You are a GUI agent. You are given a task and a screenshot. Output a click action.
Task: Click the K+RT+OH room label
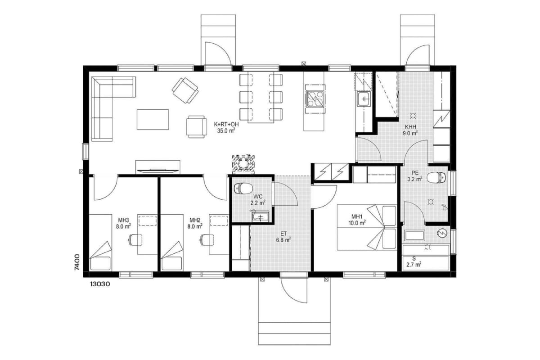click(226, 124)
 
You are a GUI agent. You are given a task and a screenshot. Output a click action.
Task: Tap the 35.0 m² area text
click(226, 131)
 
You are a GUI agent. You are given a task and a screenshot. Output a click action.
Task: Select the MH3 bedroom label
click(123, 220)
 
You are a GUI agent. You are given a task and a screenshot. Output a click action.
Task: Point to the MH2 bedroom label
click(195, 220)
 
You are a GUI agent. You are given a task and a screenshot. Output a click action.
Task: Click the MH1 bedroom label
click(357, 216)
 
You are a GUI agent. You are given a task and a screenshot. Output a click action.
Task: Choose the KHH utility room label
click(410, 127)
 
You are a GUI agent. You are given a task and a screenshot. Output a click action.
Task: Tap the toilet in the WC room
click(243, 188)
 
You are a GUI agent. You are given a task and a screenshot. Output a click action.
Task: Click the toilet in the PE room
click(436, 178)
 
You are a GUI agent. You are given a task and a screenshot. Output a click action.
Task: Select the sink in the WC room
click(261, 216)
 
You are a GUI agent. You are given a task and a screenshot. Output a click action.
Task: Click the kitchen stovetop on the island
click(315, 99)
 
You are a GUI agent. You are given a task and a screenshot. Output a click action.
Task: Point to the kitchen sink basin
click(364, 99)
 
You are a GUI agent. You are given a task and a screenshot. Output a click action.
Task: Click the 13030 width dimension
click(100, 284)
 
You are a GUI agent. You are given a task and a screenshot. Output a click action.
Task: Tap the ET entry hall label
click(283, 234)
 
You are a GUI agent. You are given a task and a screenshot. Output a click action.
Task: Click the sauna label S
click(414, 258)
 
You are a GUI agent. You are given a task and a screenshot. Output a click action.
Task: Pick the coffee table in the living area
click(153, 120)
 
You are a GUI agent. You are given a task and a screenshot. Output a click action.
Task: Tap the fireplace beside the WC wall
click(243, 164)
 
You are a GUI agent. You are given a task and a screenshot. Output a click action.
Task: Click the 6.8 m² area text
click(283, 240)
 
